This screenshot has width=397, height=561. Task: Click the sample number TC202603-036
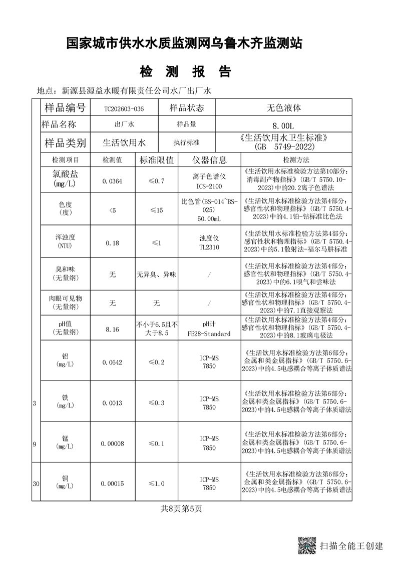pyautogui.click(x=124, y=108)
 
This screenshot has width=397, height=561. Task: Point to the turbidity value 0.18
pyautogui.click(x=112, y=243)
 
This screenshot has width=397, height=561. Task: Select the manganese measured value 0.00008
pyautogui.click(x=112, y=443)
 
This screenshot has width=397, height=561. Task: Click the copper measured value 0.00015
pyautogui.click(x=112, y=483)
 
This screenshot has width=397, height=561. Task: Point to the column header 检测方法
pyautogui.click(x=296, y=160)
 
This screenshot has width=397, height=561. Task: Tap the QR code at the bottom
pyautogui.click(x=307, y=545)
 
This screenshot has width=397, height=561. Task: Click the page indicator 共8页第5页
pyautogui.click(x=181, y=509)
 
